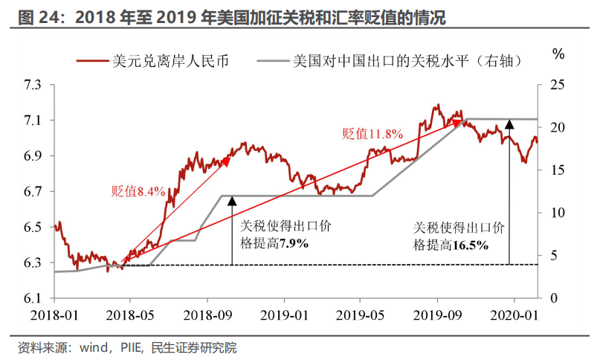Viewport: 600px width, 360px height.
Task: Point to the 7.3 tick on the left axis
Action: coord(34,84)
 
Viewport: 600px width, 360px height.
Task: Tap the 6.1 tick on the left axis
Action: coord(34,298)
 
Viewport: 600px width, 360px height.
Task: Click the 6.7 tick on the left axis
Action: coord(34,191)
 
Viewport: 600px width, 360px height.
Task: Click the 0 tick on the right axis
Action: coord(553,298)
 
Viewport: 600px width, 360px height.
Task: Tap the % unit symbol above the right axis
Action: coord(559,54)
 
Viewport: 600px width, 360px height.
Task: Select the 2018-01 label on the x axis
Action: coord(54,314)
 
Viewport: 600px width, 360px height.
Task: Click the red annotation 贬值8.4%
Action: coord(138,191)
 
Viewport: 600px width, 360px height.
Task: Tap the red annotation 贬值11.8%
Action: coord(372,134)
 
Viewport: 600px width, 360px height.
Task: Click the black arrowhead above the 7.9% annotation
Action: coord(231,199)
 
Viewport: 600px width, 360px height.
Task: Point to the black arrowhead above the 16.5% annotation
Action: coord(509,123)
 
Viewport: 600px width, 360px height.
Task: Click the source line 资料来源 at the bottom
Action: coord(126,347)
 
